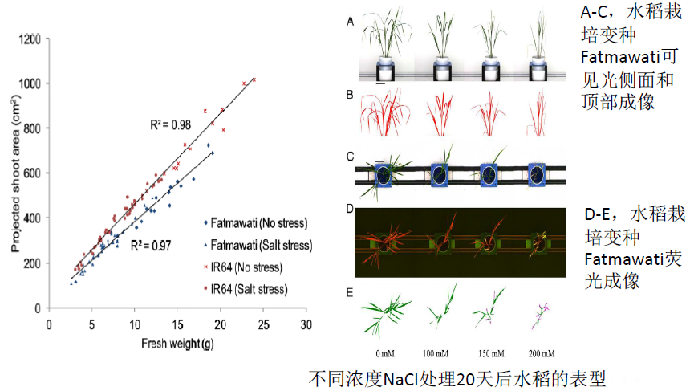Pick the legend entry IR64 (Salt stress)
(x=251, y=287)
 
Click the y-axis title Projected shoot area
(x=14, y=173)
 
